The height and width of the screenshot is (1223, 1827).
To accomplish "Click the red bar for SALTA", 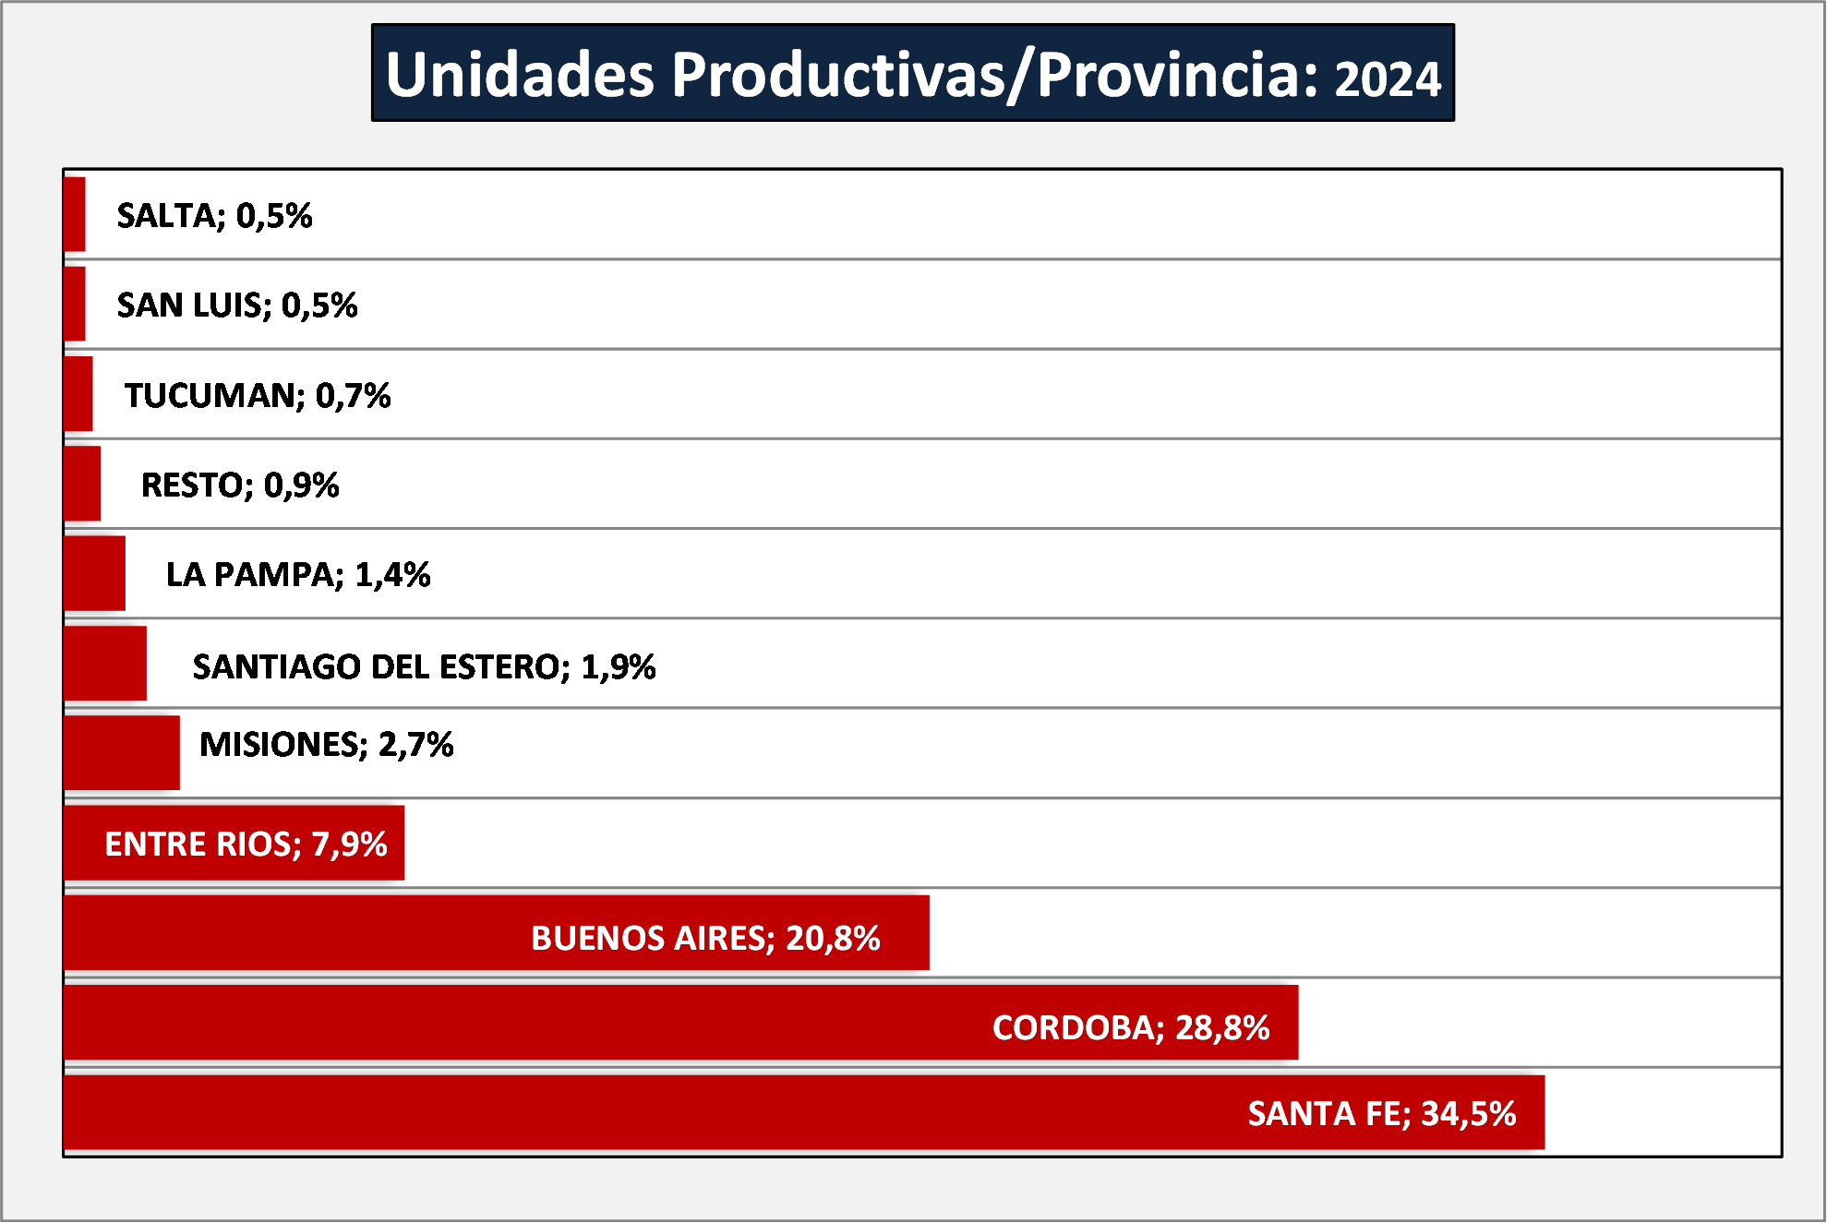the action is click(75, 214).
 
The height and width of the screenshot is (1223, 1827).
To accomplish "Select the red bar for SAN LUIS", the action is click(75, 304).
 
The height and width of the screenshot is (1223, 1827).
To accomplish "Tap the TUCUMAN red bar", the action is click(78, 393).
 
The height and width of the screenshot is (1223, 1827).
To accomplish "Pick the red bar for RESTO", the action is click(82, 484).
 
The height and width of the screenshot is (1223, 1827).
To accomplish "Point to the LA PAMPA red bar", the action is click(95, 573).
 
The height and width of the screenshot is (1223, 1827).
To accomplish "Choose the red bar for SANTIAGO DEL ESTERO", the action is click(105, 663).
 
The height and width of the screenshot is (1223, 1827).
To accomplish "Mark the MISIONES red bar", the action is click(122, 752).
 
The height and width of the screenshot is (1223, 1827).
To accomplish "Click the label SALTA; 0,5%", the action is click(214, 216).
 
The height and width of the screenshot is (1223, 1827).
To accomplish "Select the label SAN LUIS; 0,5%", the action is click(237, 306).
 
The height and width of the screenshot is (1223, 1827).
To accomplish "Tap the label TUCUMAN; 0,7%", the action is click(258, 396).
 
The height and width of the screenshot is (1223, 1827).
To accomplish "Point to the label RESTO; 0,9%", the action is click(240, 486).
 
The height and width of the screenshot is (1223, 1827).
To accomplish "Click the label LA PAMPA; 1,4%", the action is click(298, 575).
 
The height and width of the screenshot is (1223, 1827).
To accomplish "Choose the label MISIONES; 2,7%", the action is click(327, 745).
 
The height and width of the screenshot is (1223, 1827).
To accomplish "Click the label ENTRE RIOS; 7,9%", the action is click(246, 845).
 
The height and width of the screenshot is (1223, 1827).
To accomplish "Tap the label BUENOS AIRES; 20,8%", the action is click(705, 939).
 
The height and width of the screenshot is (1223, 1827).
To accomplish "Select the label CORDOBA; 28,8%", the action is click(1131, 1028).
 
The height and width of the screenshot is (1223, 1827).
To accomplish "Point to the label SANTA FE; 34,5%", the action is click(1382, 1114).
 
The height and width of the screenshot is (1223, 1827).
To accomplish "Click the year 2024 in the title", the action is click(1388, 79).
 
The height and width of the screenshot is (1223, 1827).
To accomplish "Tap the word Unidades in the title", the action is click(520, 74).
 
